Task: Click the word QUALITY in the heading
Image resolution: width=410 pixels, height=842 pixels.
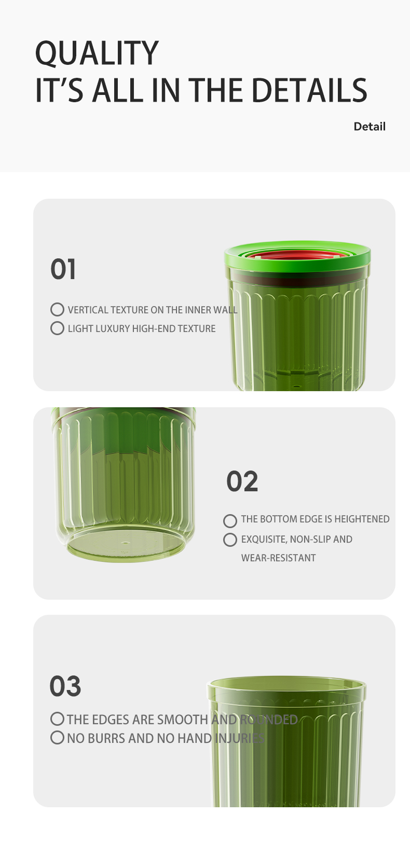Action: pyautogui.click(x=97, y=53)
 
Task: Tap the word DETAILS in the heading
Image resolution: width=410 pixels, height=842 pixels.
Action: pyautogui.click(x=309, y=90)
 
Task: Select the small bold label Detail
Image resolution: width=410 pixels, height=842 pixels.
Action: pyautogui.click(x=370, y=127)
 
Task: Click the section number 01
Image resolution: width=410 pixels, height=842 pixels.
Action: pyautogui.click(x=63, y=269)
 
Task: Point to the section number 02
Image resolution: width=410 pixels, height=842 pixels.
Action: pyautogui.click(x=242, y=481)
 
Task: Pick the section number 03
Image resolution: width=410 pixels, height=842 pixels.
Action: pyautogui.click(x=65, y=686)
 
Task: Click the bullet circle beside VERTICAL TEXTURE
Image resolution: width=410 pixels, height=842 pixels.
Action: pyautogui.click(x=57, y=309)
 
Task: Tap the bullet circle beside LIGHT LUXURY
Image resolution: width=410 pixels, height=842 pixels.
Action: pyautogui.click(x=57, y=328)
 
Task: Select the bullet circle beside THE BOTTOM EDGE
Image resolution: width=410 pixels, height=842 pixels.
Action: pyautogui.click(x=230, y=521)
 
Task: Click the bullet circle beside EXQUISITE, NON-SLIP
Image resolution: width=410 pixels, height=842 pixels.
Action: pyautogui.click(x=230, y=540)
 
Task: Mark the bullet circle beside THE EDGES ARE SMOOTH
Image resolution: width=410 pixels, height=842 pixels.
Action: pyautogui.click(x=57, y=719)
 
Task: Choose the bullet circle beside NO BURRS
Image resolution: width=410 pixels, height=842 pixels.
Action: pyautogui.click(x=57, y=738)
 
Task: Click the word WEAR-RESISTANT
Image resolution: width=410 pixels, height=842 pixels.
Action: pyautogui.click(x=278, y=558)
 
